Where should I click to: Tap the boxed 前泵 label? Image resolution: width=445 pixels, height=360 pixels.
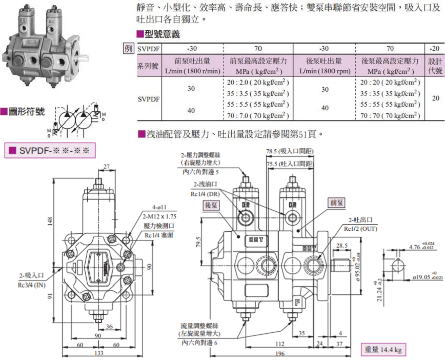tap(336, 203)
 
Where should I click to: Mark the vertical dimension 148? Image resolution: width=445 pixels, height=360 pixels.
tap(50, 221)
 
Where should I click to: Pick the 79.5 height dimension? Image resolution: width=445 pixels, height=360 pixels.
tap(198, 242)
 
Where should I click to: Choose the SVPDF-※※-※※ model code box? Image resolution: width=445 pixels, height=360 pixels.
tap(50, 151)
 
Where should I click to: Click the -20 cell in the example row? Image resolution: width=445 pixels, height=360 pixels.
tap(435, 48)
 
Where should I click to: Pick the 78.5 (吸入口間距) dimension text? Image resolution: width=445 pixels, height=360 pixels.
tap(290, 151)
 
